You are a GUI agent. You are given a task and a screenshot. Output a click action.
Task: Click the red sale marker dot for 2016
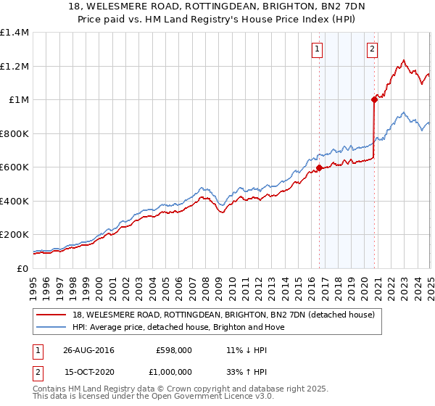click(319, 169)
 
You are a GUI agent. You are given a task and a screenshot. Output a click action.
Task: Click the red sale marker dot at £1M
click(375, 99)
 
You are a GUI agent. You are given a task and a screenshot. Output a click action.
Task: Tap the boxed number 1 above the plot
click(318, 49)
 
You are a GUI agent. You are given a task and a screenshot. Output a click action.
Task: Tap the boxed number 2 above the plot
click(372, 49)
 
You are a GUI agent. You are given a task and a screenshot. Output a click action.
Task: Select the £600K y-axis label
click(14, 167)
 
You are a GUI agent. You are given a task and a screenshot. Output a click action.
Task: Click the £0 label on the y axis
click(21, 269)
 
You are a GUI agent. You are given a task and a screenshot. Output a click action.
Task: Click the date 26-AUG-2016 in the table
click(89, 349)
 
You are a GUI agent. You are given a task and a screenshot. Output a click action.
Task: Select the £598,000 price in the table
click(175, 349)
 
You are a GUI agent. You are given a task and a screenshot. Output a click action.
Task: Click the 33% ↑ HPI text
click(242, 371)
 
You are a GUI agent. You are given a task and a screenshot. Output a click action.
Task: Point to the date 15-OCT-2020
click(88, 371)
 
